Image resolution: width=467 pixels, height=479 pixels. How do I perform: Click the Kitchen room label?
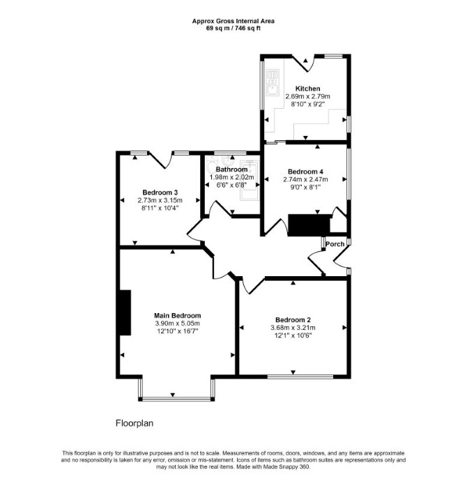307,89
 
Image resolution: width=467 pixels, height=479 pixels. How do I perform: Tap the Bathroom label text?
231,169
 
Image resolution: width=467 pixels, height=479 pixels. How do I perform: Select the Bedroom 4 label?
305,172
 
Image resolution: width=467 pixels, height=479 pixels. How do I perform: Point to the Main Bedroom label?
178,316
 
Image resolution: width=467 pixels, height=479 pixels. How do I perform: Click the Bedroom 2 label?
293,320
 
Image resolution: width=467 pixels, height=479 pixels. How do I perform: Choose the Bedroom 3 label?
160,192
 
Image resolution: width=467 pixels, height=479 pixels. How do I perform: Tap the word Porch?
335,244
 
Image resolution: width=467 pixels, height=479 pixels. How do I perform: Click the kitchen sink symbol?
273,83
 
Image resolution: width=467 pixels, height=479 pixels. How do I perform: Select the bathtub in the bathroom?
250,181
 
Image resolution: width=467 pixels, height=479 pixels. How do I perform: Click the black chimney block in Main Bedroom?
125,312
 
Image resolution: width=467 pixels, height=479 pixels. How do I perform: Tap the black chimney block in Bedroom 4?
309,225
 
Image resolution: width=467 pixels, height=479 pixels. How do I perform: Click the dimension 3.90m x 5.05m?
178,324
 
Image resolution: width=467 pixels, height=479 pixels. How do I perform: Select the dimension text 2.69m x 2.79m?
307,96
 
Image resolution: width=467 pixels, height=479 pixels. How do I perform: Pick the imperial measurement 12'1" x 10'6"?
293,335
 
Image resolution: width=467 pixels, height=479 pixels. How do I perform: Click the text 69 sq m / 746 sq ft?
233,29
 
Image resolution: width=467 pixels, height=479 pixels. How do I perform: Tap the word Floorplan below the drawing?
135,423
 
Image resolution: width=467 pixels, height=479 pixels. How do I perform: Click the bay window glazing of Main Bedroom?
176,398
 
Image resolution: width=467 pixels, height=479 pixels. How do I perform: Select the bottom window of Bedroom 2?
300,377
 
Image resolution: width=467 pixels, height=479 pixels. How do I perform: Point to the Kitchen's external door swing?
304,63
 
